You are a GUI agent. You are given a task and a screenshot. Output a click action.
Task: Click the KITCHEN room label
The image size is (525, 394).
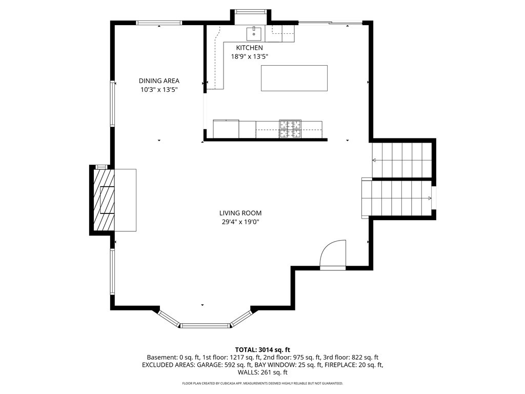[x=250, y=48]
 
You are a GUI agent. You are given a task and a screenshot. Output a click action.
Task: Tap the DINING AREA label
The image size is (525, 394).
[x=159, y=81]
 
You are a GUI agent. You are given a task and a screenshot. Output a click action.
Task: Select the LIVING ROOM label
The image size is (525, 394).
[x=240, y=213]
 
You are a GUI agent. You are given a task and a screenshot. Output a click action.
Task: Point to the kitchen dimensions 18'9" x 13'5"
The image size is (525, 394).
[x=250, y=56]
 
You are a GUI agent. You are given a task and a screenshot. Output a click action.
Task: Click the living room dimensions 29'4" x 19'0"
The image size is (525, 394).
[x=240, y=222]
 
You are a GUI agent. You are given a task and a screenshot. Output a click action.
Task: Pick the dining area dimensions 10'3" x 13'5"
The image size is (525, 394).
[x=159, y=89]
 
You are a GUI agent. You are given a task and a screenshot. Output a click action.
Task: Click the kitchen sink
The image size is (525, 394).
[x=254, y=33]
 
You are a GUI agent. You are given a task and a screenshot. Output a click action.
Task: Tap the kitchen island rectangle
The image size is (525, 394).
[x=294, y=78]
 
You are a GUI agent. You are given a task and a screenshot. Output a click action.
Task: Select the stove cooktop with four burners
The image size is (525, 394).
[x=290, y=129]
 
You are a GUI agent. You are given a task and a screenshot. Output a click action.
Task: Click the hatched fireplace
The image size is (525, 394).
[x=104, y=200]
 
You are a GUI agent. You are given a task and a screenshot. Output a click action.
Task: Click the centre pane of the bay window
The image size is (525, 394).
[x=205, y=325]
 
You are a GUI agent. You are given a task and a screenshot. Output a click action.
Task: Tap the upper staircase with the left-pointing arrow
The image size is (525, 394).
[x=402, y=160]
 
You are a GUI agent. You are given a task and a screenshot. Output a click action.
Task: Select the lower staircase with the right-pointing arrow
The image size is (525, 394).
[x=396, y=199]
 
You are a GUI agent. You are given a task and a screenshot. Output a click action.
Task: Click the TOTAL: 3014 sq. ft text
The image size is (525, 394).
[x=262, y=350]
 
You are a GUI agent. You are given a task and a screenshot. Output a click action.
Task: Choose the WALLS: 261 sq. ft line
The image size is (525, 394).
[x=262, y=372]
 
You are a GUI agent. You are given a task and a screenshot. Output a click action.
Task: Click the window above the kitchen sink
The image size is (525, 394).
[x=250, y=12]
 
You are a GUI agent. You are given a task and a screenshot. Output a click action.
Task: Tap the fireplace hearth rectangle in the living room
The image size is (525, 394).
[x=125, y=200]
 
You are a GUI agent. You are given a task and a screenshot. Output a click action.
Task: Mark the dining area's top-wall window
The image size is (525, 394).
[x=159, y=23]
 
